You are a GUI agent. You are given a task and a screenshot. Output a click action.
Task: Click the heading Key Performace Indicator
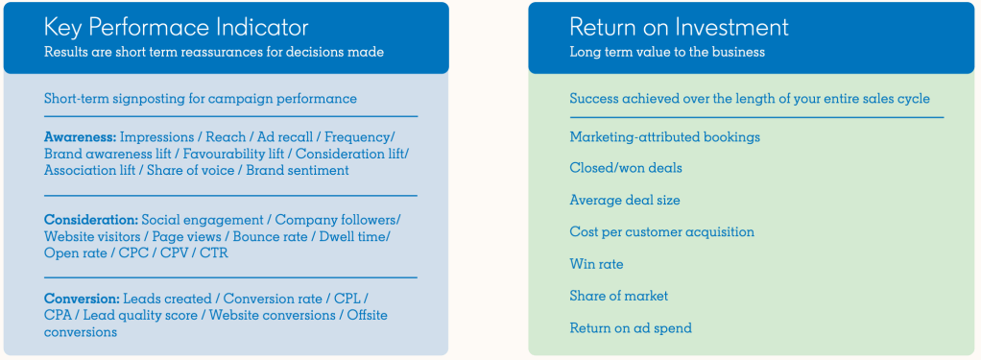176,28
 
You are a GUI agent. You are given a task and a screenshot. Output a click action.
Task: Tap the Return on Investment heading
679,28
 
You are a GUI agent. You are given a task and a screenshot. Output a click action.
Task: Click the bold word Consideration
91,221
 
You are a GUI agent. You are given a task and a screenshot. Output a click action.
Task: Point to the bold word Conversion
82,299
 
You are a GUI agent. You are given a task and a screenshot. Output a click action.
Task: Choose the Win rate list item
596,264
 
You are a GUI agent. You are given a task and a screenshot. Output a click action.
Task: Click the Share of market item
619,296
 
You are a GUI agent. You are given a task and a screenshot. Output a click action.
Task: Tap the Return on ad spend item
631,328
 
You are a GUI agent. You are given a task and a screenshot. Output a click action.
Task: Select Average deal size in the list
624,201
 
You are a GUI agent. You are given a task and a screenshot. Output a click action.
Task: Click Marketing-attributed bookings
664,136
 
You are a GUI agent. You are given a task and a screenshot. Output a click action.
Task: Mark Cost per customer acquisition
662,232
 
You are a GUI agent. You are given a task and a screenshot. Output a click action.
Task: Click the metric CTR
213,253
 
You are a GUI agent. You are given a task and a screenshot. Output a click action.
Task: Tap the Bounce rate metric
274,237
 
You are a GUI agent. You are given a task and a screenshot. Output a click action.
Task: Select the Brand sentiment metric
298,170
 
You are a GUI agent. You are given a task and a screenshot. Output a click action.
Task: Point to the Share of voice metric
191,170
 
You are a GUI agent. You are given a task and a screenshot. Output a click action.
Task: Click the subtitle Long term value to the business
667,52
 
